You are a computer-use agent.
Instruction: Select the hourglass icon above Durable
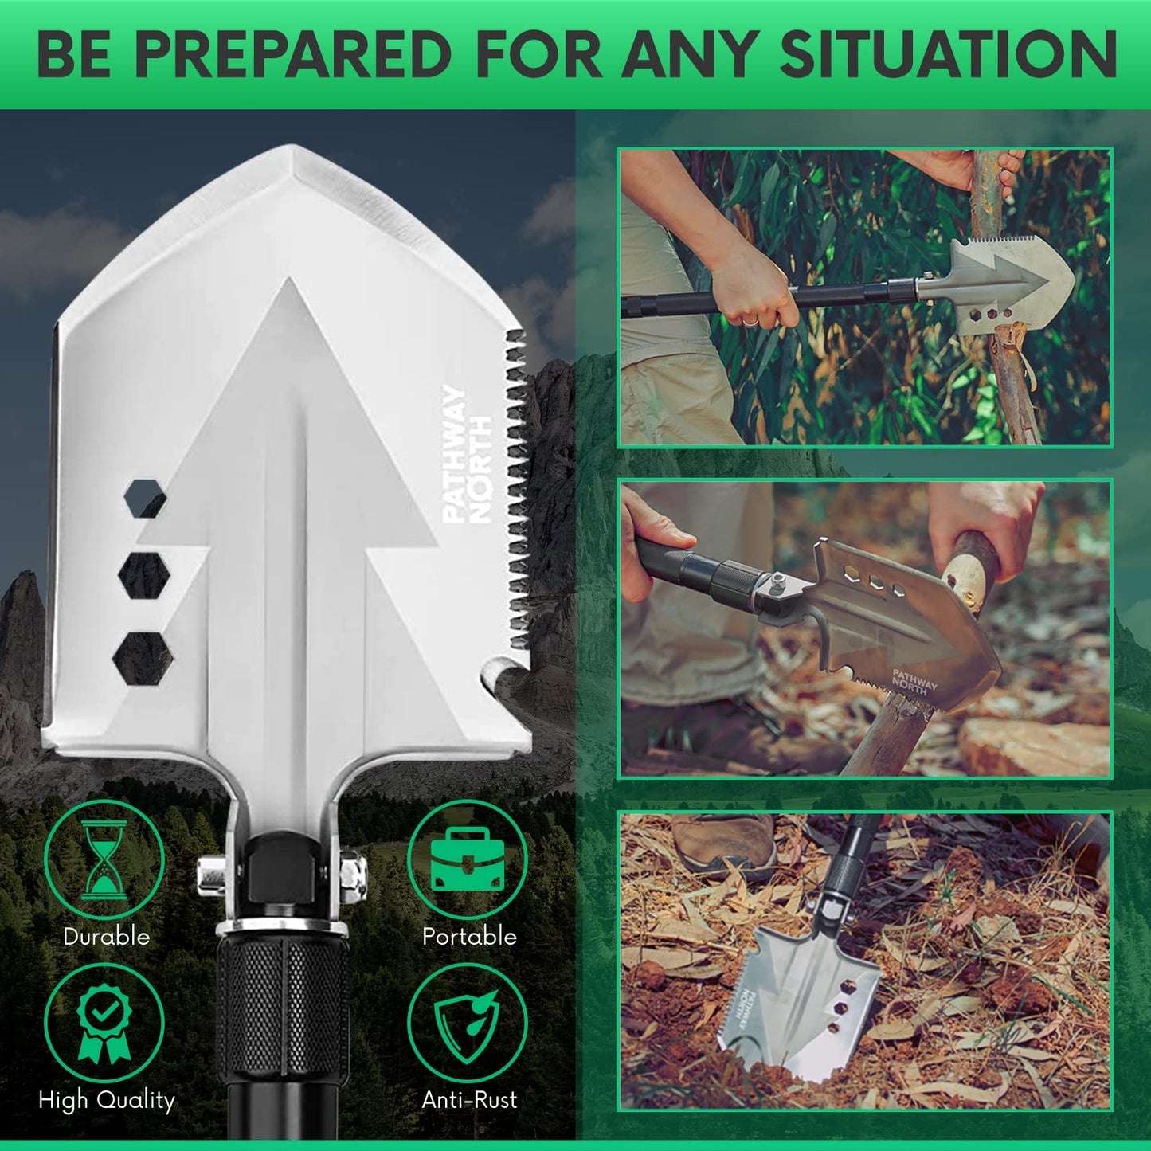(x=104, y=860)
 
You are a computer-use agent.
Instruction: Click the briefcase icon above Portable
(x=467, y=860)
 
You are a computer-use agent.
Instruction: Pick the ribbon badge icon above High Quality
(x=104, y=1024)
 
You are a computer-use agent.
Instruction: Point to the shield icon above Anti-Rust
(x=467, y=1024)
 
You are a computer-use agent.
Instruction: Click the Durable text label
(x=106, y=936)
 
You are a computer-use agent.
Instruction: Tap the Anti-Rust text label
(x=469, y=1100)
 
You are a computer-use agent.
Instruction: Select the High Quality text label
(x=106, y=1100)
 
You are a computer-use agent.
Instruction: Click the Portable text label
(x=469, y=936)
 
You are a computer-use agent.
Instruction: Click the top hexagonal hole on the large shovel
(x=145, y=499)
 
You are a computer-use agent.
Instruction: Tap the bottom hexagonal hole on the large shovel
(x=143, y=659)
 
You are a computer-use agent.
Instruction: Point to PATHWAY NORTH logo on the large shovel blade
(x=468, y=454)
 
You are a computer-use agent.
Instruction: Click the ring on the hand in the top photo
(x=750, y=321)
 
